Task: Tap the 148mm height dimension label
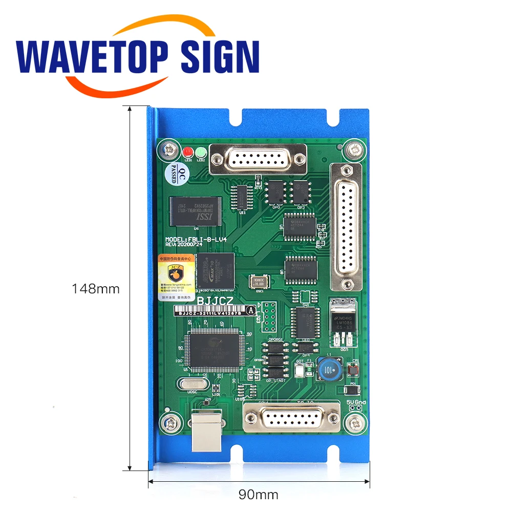tap(96, 288)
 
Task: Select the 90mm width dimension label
tap(259, 494)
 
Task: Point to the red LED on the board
tap(187, 152)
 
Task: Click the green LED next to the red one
tap(201, 152)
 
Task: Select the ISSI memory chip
tap(195, 210)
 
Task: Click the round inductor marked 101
tap(326, 369)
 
